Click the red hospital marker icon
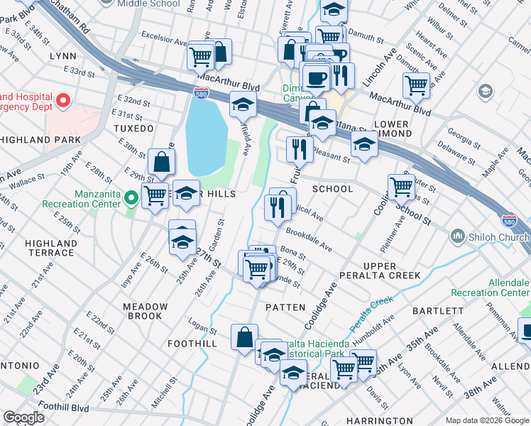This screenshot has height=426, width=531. [x=62, y=101]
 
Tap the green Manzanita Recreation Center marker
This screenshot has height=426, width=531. [x=130, y=197]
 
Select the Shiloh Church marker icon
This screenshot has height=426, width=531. [x=456, y=235]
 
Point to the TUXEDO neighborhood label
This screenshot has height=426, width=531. [x=133, y=129]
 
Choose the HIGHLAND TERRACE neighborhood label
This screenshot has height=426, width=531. [x=50, y=248]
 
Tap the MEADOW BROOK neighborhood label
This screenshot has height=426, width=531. [x=146, y=311]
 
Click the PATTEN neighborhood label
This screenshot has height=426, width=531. [x=285, y=307]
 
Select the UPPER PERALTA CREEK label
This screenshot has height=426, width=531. [x=390, y=271]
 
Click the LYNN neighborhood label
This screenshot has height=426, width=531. [x=62, y=55]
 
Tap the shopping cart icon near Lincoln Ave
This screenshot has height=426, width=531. [x=416, y=86]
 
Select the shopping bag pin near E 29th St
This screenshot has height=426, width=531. [x=162, y=163]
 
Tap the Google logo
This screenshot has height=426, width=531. [x=24, y=417]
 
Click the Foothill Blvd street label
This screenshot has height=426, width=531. [x=70, y=409]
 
